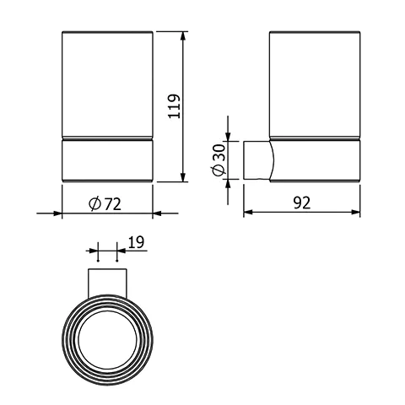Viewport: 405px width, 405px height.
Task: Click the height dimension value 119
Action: pyautogui.click(x=175, y=108)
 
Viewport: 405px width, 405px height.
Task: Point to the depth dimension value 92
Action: pyautogui.click(x=302, y=202)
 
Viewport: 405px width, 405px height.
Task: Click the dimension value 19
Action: pyautogui.click(x=136, y=243)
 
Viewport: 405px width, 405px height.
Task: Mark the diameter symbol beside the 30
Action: pyautogui.click(x=219, y=170)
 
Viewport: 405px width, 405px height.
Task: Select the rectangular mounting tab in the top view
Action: pyautogui.click(x=107, y=280)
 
